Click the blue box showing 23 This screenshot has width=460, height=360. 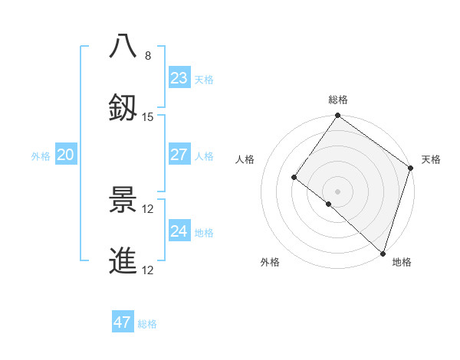pos(179,78)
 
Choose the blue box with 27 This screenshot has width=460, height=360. pos(179,155)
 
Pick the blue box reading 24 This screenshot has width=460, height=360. pos(179,231)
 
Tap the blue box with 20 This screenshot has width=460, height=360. pos(66,155)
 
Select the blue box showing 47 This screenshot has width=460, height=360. pos(123,322)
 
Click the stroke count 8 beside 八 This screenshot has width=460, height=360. pos(147,56)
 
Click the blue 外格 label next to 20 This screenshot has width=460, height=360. pos(41,156)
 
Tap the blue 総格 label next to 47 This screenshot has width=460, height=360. pos(147,324)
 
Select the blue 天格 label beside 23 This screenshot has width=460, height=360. pos(204,80)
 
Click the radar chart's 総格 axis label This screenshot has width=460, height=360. pos(338,100)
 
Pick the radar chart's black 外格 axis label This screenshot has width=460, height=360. pos(270,262)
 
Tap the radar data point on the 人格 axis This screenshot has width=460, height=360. pos(294,177)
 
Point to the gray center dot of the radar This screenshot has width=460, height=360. pos(337,191)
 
